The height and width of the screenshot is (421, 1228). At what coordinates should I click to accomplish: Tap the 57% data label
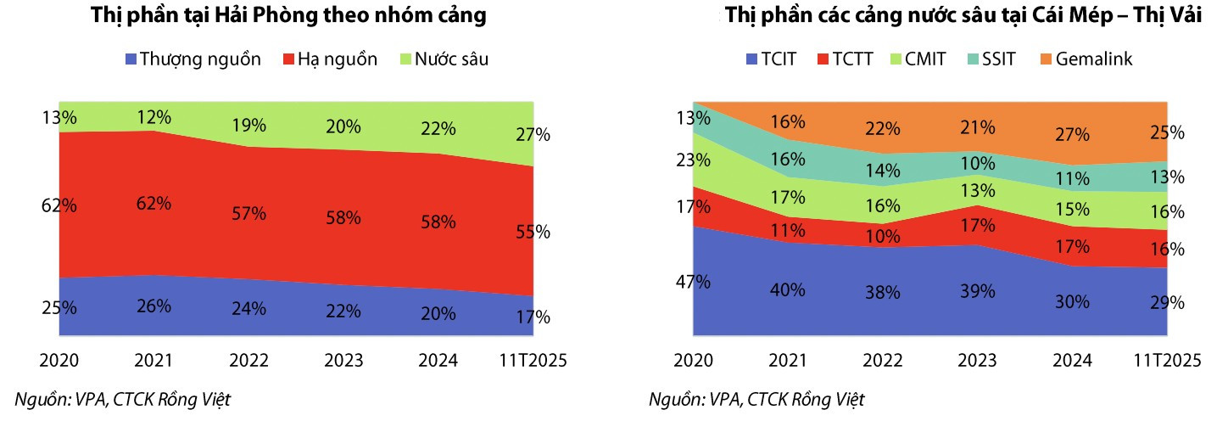(x=248, y=214)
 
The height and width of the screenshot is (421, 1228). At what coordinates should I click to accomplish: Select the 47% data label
(x=693, y=282)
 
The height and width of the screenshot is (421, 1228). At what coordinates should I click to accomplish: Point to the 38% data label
(x=882, y=292)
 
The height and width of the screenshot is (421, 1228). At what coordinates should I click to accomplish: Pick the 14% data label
(x=882, y=171)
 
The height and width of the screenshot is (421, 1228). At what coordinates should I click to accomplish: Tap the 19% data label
(x=248, y=126)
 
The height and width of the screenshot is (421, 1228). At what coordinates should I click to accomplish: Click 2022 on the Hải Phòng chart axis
(x=248, y=361)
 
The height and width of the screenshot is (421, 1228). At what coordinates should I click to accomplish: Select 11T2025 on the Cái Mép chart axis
(x=1167, y=361)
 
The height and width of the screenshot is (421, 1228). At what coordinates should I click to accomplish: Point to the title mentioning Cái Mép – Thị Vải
(x=963, y=16)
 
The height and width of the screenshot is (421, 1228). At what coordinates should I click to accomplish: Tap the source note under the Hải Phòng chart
(x=123, y=399)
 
